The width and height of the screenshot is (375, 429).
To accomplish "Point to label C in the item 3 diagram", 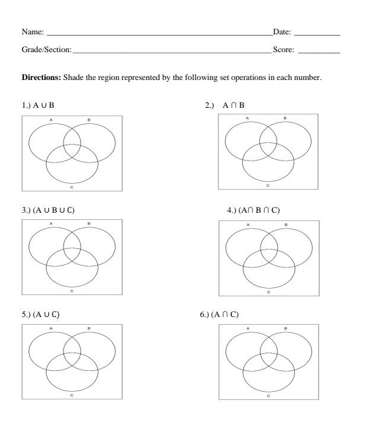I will click(72, 291).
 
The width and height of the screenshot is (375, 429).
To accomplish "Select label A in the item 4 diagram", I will click(247, 223).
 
